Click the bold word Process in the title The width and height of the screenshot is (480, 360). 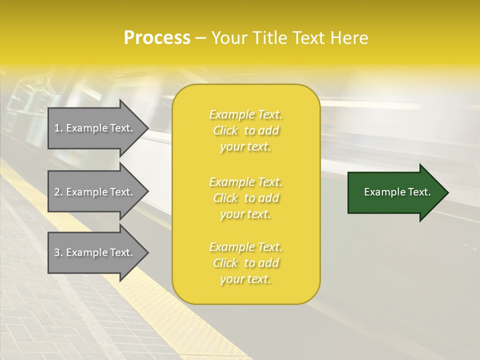[x=157, y=38]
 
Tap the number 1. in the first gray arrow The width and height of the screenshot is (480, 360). [x=58, y=128]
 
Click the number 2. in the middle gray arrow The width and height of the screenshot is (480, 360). [x=58, y=192]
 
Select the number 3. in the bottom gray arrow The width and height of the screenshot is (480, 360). [x=58, y=252]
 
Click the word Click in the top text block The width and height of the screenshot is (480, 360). [x=225, y=130]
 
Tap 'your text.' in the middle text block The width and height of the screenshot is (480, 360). [x=245, y=214]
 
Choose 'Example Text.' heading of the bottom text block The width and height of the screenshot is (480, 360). [x=245, y=247]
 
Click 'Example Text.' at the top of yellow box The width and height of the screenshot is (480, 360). [x=245, y=114]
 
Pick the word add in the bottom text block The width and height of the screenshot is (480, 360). [x=269, y=263]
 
